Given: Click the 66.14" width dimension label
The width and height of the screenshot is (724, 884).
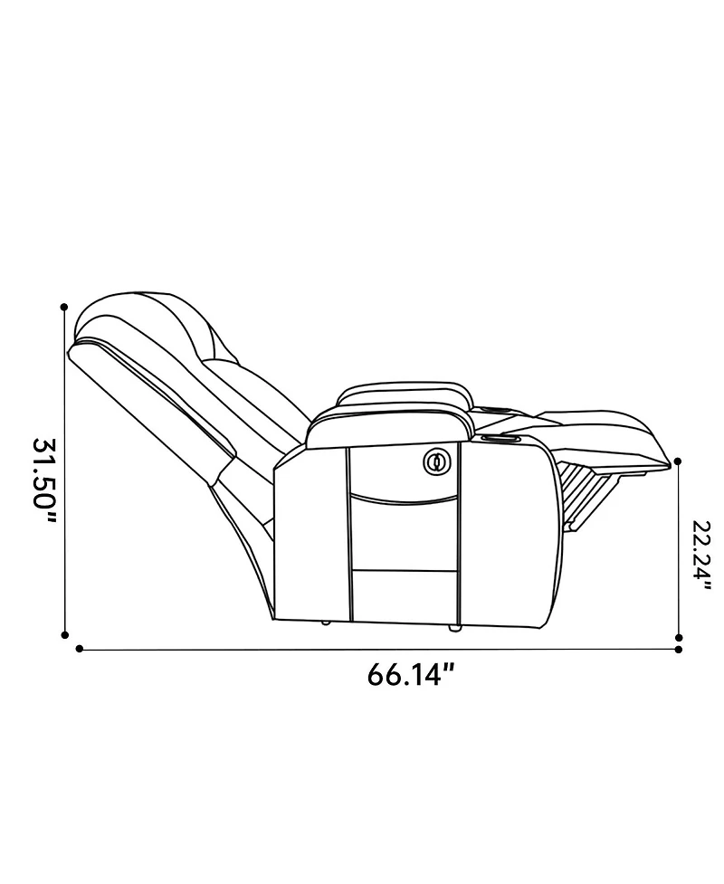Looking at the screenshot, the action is pos(411,675).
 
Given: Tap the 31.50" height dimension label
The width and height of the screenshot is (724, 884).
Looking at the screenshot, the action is pos(44,481).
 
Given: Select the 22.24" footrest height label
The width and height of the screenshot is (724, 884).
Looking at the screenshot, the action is pos(700,556).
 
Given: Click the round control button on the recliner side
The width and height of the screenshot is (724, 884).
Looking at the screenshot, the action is pos(437,462).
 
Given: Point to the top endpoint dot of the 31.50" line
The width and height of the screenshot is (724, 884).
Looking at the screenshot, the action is pos(64,307).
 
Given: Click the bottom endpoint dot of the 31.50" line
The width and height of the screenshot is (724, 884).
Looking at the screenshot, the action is pos(65,635).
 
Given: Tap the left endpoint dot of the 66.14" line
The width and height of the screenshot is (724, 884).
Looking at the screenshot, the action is pos(79,649).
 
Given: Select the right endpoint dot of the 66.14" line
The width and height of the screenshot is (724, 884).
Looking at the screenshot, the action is pos(679,650).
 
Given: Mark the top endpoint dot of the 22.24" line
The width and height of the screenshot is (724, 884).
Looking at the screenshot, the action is pos(679,461).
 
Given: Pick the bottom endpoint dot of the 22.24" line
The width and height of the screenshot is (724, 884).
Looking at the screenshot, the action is pos(679,638).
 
